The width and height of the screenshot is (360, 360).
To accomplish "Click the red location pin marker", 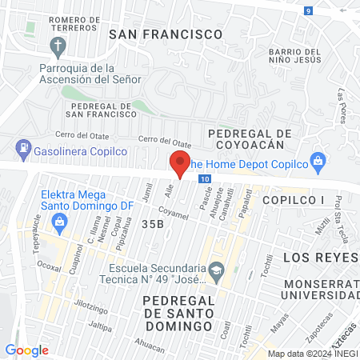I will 180,164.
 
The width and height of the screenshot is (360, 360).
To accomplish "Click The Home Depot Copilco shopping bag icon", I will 318,160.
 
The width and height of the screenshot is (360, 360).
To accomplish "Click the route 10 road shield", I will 206,179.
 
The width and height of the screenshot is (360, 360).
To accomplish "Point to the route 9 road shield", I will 309,10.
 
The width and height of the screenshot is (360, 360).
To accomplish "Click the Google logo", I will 26,350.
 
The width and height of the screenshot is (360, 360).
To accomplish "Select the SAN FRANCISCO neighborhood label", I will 165,34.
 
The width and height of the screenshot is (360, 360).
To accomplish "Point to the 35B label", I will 152,224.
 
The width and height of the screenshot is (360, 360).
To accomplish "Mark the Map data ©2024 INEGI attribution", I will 313,354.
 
